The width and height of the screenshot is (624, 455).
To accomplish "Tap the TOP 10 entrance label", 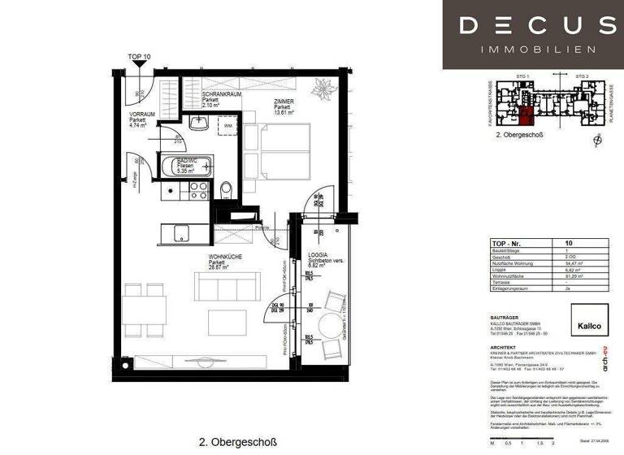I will [139, 57].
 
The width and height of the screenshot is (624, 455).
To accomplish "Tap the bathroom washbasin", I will [198, 124].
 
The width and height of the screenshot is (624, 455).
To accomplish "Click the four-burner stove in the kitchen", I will [198, 190].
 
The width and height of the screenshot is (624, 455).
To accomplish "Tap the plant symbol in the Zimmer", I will [323, 86].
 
